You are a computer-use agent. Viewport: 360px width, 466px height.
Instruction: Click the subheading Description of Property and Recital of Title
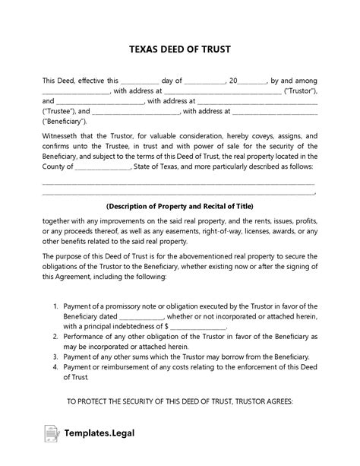click(x=179, y=206)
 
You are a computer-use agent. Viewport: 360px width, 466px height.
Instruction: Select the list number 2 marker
click(x=56, y=335)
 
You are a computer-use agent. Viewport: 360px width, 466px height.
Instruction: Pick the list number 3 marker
click(x=56, y=356)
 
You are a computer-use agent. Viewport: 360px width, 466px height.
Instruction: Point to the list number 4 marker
click(x=56, y=366)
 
